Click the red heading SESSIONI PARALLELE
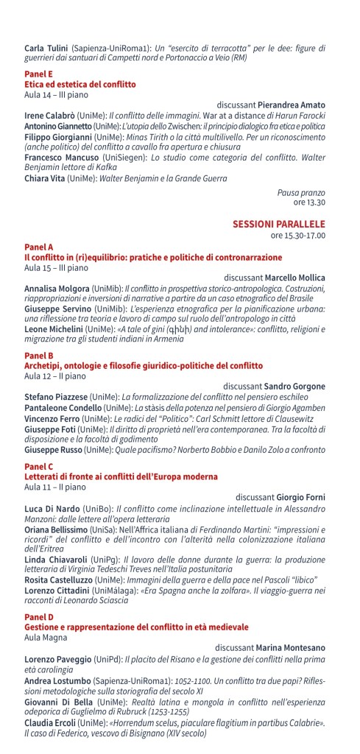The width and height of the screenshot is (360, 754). pos(279,223)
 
